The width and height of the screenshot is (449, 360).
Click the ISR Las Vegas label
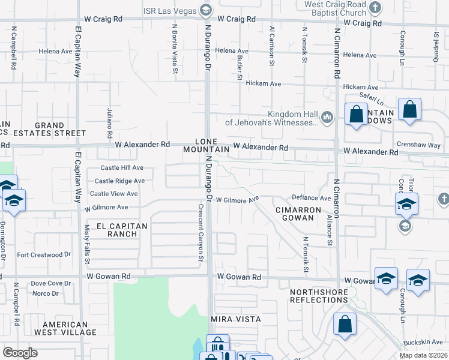click(x=170, y=10)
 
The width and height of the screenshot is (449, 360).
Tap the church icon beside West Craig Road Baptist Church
click(x=375, y=8)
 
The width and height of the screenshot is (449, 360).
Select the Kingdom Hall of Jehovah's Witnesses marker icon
click(x=327, y=116)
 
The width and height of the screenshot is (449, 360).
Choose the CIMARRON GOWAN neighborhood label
click(x=294, y=214)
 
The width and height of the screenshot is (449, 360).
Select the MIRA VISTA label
click(x=235, y=319)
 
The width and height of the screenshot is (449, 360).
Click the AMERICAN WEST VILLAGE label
click(x=65, y=328)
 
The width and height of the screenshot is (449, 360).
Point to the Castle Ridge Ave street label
click(x=119, y=181)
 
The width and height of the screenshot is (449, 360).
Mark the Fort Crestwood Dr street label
click(x=40, y=255)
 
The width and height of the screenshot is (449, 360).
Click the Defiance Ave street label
click(x=312, y=197)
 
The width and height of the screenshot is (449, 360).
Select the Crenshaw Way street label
click(x=418, y=145)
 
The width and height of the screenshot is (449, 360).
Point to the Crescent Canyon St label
click(x=200, y=233)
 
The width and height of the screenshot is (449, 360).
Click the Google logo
click(x=20, y=353)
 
